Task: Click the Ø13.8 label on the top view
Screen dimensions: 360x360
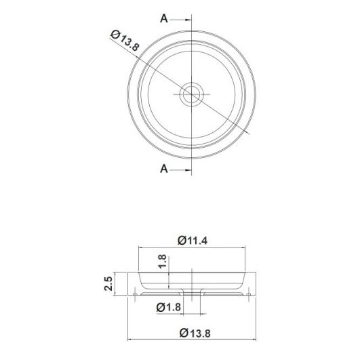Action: tap(125, 41)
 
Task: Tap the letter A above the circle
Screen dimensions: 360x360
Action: tap(164, 18)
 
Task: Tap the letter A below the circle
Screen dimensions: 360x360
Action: tap(164, 169)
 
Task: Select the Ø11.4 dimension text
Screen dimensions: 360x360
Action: tap(193, 241)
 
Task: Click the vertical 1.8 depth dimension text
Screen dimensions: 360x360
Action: tap(162, 261)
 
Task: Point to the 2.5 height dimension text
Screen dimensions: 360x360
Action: tap(108, 283)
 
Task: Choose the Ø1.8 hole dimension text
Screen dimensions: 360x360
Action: tap(169, 307)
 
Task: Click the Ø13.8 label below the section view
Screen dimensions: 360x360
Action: tap(195, 333)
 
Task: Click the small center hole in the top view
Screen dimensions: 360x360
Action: tap(192, 94)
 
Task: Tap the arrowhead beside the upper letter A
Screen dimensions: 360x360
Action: tap(188, 20)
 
